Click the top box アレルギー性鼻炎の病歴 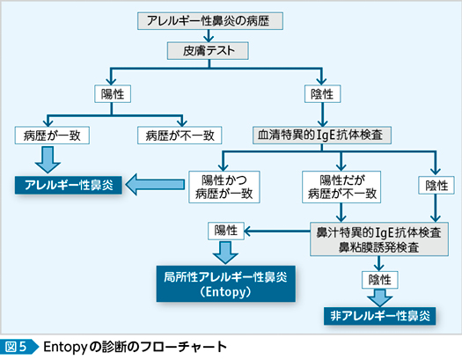[210, 21]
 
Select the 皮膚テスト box [208, 51]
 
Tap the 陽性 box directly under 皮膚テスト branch [113, 94]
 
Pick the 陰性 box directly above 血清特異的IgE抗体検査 [322, 94]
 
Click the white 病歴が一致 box [52, 136]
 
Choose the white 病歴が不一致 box [180, 136]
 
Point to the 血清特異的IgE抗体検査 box [322, 136]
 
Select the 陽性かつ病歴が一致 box [224, 187]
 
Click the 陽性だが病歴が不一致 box [341, 187]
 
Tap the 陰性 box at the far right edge [436, 186]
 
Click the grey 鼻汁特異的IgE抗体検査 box [379, 239]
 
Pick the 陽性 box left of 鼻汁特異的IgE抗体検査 [226, 231]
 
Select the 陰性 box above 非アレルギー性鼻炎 [380, 280]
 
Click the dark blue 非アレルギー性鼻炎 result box [380, 316]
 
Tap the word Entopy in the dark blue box [225, 292]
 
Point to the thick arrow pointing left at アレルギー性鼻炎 [155, 185]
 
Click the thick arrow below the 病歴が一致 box [48, 160]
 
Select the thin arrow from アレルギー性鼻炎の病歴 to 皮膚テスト [209, 36]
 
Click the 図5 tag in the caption [19, 347]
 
